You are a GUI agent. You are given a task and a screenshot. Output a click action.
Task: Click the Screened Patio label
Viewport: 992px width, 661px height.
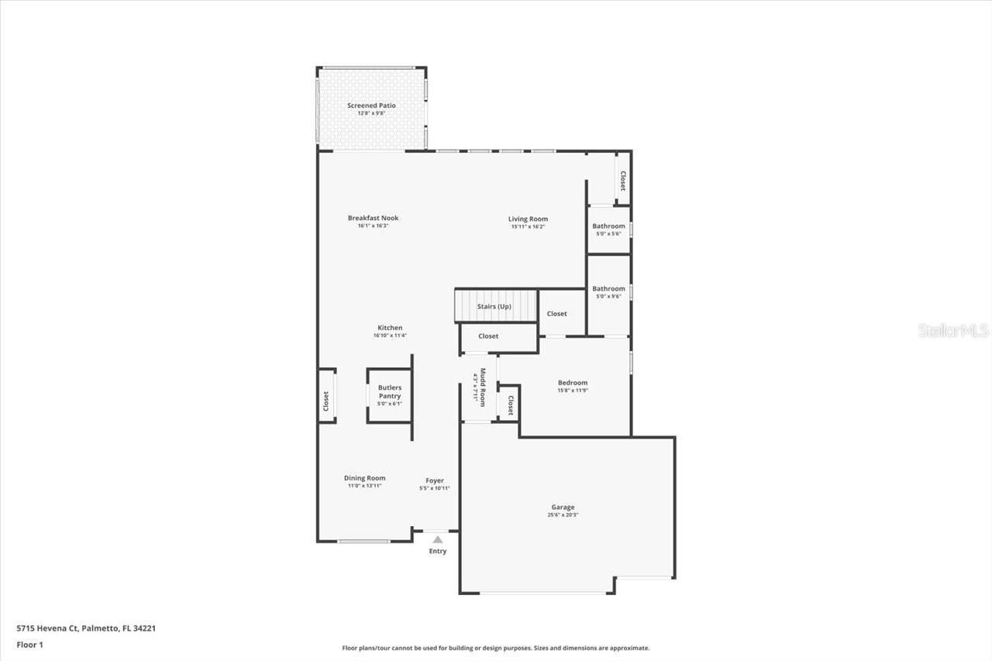tap(371, 105)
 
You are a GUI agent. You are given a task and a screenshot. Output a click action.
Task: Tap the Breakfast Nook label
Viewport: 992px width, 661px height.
tap(373, 218)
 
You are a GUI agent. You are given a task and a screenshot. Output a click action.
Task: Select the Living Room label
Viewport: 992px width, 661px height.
tap(528, 219)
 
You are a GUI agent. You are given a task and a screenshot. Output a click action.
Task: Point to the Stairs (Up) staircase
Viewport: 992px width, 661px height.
tap(495, 305)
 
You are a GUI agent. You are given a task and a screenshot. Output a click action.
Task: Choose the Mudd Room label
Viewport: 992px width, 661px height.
tap(482, 387)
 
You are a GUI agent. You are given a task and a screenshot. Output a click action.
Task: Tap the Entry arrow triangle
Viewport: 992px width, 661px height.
tap(438, 539)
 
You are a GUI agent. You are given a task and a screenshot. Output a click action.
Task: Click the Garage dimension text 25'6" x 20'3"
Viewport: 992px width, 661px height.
tap(563, 515)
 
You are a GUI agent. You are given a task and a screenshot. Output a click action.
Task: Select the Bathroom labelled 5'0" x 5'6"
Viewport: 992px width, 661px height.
tap(608, 229)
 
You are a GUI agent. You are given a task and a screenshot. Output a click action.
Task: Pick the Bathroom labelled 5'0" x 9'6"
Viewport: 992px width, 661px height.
tap(608, 291)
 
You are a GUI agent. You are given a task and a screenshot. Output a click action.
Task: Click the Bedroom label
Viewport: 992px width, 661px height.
tap(573, 383)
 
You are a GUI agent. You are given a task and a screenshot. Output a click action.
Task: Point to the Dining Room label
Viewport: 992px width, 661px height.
tap(364, 478)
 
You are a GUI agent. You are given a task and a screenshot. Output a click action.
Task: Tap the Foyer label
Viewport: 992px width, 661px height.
tap(434, 480)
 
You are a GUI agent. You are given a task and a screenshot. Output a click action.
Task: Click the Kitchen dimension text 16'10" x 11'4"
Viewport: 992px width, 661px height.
tap(390, 336)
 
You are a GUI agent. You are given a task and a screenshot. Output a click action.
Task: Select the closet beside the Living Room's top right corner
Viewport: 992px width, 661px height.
tap(622, 181)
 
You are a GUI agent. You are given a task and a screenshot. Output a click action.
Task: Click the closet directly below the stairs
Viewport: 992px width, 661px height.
tap(489, 336)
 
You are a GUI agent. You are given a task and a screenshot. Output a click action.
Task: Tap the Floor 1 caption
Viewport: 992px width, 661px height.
tap(30, 644)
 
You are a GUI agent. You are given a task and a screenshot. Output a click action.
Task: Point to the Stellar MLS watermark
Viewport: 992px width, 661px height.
tap(953, 331)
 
